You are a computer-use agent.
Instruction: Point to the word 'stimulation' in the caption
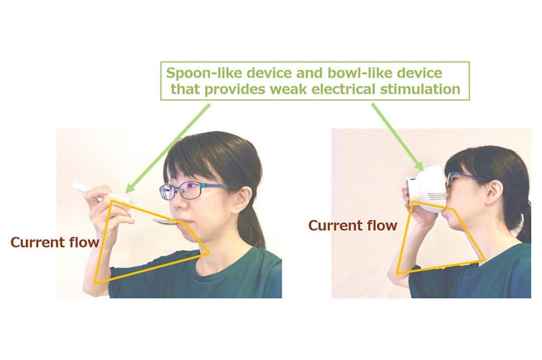point(420,89)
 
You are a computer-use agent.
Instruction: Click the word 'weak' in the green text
point(288,89)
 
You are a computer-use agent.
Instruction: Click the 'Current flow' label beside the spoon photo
point(55,242)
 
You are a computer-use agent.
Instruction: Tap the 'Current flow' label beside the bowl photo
point(353,225)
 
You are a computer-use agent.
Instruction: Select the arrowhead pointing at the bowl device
point(419,166)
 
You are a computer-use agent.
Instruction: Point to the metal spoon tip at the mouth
point(167,221)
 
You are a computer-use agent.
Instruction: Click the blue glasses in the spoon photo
point(191,191)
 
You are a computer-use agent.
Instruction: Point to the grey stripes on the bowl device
point(437,197)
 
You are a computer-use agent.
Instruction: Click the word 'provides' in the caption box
point(235,89)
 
